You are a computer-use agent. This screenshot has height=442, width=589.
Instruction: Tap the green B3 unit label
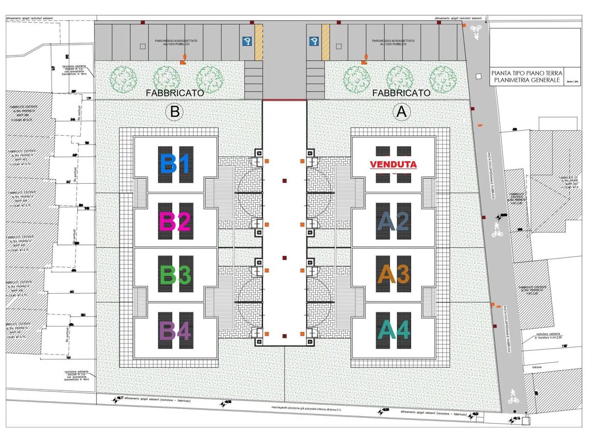(174, 275)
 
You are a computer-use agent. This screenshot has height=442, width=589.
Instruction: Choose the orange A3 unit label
(393, 275)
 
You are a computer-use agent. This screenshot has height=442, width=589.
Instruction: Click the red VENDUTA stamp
(393, 164)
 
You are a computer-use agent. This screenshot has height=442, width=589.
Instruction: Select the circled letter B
(174, 112)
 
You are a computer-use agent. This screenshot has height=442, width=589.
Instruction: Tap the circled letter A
(402, 111)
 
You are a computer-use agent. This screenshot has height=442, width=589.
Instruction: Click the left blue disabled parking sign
(247, 42)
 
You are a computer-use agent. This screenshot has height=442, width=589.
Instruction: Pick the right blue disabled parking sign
(315, 42)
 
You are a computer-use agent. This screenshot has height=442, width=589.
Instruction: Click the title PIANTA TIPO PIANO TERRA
(527, 73)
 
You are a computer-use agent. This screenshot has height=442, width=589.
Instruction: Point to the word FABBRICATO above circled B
(175, 93)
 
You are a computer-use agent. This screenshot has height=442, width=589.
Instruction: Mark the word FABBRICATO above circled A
(401, 93)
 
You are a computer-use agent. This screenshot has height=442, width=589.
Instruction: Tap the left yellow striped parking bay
(259, 42)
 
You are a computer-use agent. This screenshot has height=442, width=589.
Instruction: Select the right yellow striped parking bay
(326, 42)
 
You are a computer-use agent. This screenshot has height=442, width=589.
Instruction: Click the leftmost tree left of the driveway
(122, 79)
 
